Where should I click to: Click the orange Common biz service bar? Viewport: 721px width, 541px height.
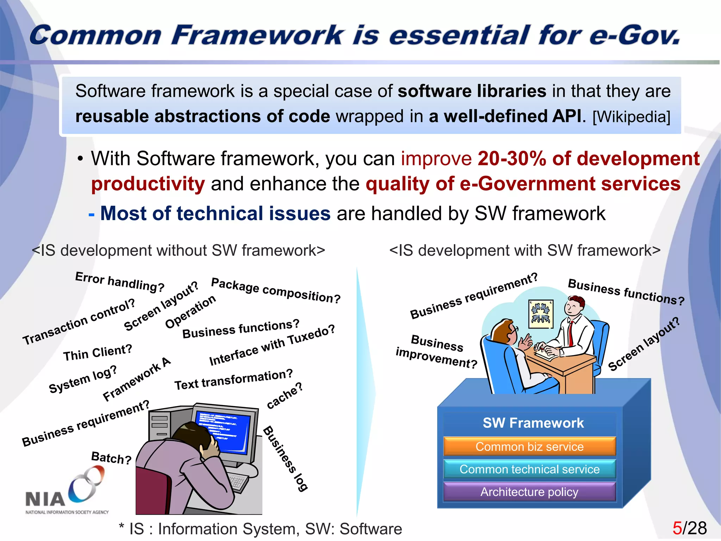click(x=529, y=447)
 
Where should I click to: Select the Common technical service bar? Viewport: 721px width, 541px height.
click(x=529, y=469)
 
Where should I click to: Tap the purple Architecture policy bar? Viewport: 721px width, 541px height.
click(x=529, y=492)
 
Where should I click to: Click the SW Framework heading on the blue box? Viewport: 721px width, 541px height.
click(x=533, y=423)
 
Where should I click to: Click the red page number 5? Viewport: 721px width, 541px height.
click(x=677, y=528)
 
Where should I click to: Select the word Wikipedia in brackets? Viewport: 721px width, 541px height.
click(x=632, y=117)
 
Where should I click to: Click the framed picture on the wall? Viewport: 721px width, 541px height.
click(x=541, y=314)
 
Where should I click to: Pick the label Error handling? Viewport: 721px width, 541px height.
click(x=120, y=282)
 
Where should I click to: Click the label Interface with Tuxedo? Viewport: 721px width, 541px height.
click(x=272, y=346)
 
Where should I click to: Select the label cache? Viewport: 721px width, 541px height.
click(x=284, y=396)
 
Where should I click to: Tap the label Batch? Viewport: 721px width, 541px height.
click(x=111, y=458)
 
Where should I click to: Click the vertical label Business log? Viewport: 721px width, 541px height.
click(x=286, y=458)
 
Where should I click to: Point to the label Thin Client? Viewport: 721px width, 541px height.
click(x=98, y=353)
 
